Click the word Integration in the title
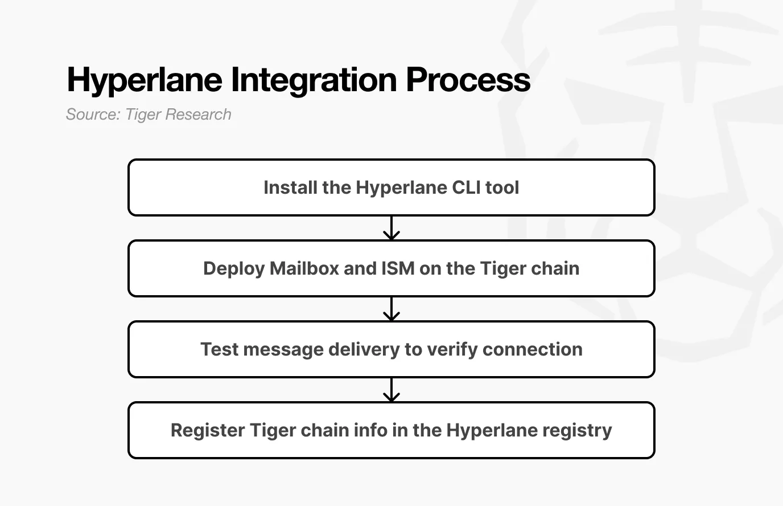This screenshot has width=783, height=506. tap(315, 80)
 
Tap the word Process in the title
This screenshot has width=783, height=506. tap(468, 80)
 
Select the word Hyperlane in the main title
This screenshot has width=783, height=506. tap(145, 80)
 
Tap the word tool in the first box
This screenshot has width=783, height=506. tap(502, 187)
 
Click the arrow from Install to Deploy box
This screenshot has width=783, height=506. tap(391, 228)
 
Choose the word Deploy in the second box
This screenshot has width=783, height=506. tap(234, 268)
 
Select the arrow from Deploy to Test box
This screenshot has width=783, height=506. tap(391, 309)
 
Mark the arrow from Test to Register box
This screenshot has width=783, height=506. tap(391, 390)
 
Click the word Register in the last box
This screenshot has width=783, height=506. tap(208, 430)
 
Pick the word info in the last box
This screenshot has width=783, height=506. tap(369, 430)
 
